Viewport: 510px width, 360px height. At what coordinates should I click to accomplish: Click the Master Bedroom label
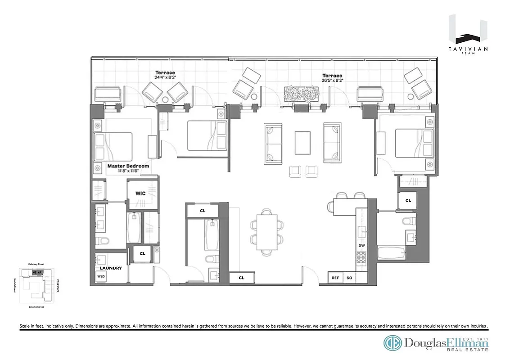[128, 166]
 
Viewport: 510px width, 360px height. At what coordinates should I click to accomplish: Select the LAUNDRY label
[111, 268]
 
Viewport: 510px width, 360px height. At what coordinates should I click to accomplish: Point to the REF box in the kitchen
[335, 278]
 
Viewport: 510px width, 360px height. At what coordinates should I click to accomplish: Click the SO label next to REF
[349, 278]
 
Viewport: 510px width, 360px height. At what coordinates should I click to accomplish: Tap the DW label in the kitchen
[361, 246]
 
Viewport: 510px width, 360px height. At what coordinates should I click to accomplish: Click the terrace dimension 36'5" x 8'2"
[332, 81]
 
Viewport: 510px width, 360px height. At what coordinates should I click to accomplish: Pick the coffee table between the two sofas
[302, 143]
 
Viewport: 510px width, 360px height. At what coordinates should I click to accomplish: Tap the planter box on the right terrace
[302, 94]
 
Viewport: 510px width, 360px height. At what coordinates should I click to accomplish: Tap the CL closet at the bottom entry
[241, 278]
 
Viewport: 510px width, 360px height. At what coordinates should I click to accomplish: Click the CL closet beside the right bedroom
[408, 200]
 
